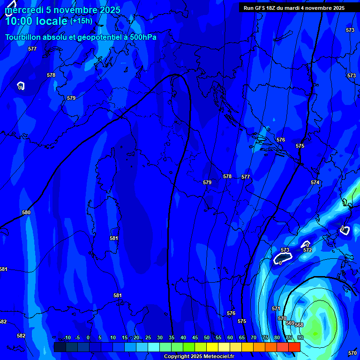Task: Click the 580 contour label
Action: click(x=26, y=212)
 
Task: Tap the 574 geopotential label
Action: click(x=315, y=182)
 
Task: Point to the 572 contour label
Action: click(x=307, y=250)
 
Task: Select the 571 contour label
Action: click(x=276, y=308)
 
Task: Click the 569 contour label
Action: click(x=290, y=323)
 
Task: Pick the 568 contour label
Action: click(x=299, y=325)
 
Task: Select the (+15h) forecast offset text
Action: click(x=81, y=21)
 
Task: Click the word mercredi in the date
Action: click(x=22, y=10)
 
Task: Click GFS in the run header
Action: click(x=261, y=8)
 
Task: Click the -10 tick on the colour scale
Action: click(x=67, y=337)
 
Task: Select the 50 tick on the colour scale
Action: click(x=207, y=337)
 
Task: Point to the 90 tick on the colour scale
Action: click(x=300, y=337)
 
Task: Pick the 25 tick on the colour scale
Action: click(x=148, y=337)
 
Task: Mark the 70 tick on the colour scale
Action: click(x=254, y=337)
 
